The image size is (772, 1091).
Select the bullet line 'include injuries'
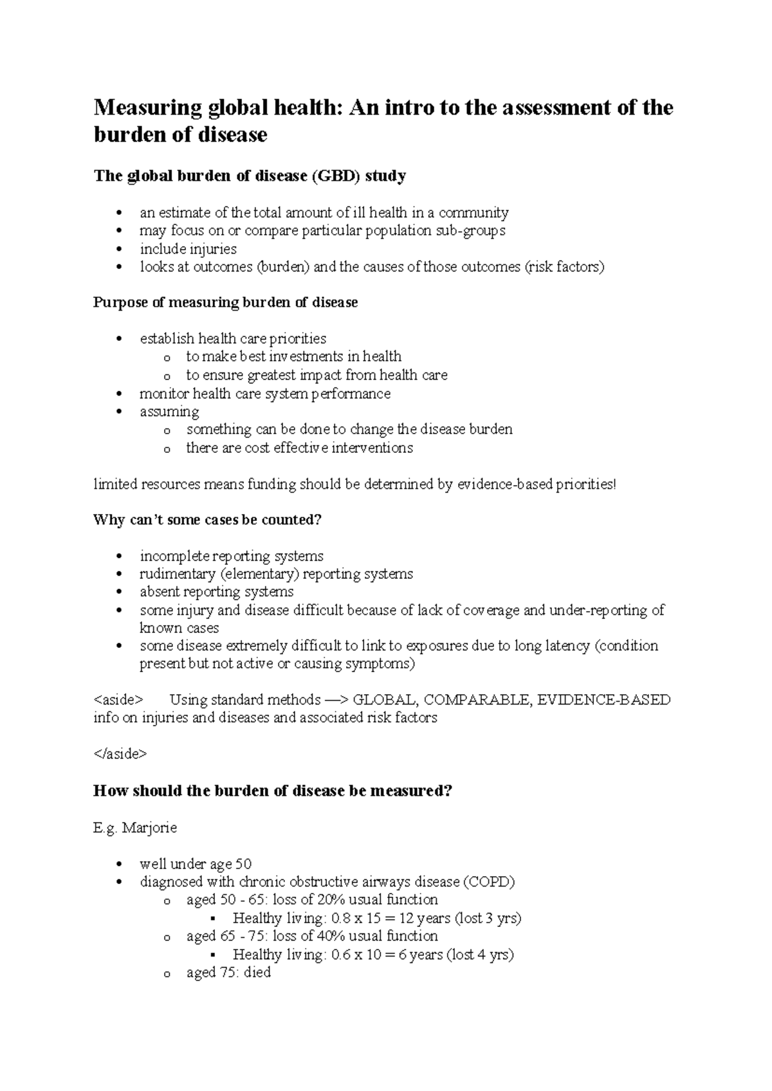188,249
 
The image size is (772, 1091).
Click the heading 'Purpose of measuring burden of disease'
225,302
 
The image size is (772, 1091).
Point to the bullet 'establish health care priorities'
233,338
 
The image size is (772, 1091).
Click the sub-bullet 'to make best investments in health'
293,356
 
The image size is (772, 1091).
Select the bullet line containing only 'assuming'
169,412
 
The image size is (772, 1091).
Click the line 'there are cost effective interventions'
299,448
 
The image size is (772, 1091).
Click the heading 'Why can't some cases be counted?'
207,520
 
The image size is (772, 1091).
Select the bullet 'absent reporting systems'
216,592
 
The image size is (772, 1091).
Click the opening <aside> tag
118,700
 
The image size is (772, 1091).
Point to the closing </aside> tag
120,754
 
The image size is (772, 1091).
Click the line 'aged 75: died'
228,973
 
